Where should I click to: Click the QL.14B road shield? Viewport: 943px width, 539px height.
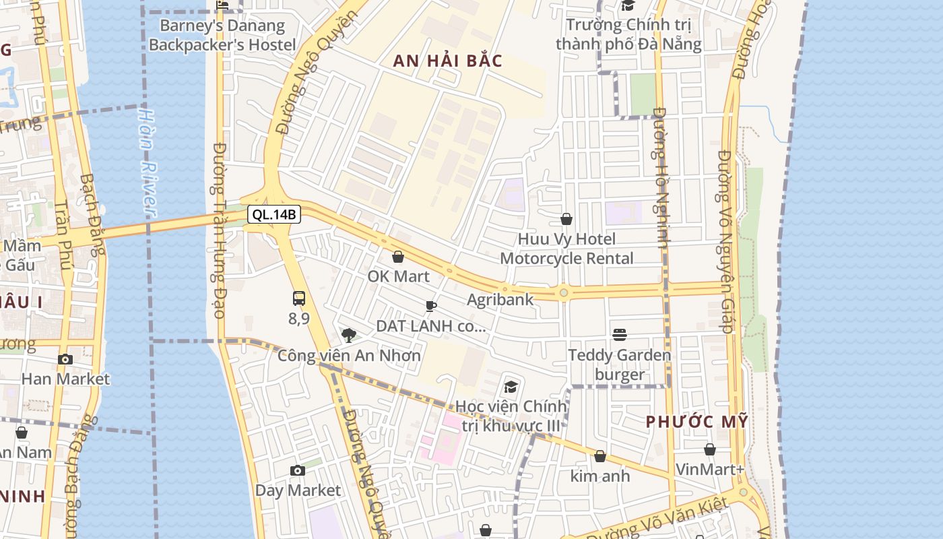pos(274,215)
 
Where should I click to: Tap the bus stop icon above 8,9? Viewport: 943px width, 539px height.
pos(299,298)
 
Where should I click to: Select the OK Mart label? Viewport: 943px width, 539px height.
pos(398,276)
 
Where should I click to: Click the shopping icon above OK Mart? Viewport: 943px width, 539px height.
pos(398,257)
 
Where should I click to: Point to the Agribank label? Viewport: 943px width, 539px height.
pos(500,299)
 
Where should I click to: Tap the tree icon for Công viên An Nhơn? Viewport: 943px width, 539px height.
pos(349,335)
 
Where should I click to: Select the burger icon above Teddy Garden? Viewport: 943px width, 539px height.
pos(620,335)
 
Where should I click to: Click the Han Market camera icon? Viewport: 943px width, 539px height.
pos(65,359)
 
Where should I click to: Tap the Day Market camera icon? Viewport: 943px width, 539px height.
pos(298,470)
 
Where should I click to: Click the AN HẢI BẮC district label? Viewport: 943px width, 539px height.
pos(448,61)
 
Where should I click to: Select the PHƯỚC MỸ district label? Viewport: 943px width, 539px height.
pos(697,422)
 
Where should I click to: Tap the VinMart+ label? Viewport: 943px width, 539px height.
pos(709,469)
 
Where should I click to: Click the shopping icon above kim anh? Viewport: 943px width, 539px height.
pos(600,457)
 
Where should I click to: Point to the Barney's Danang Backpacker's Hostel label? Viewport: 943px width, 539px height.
pos(222,36)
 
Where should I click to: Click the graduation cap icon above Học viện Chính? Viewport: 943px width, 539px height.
pos(511,387)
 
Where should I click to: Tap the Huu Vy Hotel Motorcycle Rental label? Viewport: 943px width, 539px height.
pos(566,249)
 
